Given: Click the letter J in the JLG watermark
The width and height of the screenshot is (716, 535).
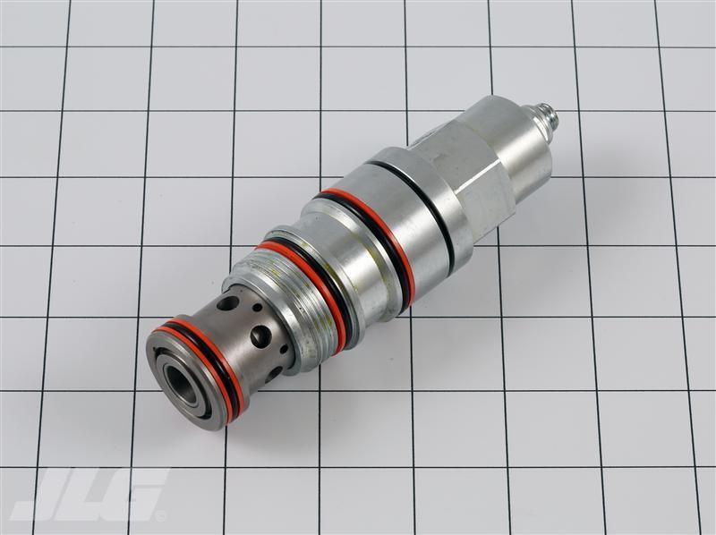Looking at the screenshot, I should [55, 495].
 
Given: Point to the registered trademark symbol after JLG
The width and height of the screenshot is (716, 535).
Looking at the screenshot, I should [162, 515].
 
